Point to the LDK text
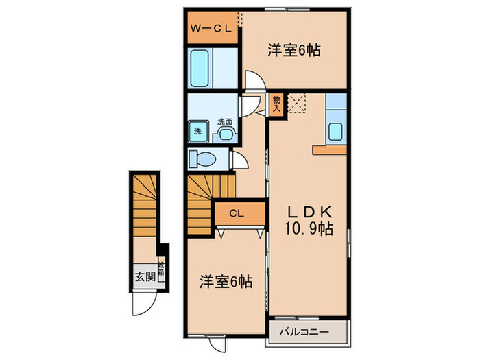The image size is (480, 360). point(309,212)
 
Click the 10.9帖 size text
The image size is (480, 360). point(310,230)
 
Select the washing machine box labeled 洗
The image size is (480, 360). point(197,130)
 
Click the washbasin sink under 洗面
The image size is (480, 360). point(224,134)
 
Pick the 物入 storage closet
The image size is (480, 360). point(277,104)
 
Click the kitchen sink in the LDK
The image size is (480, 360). point(336,130)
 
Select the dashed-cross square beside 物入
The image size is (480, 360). point(298,103)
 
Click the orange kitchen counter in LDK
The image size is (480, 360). point(331,149)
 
